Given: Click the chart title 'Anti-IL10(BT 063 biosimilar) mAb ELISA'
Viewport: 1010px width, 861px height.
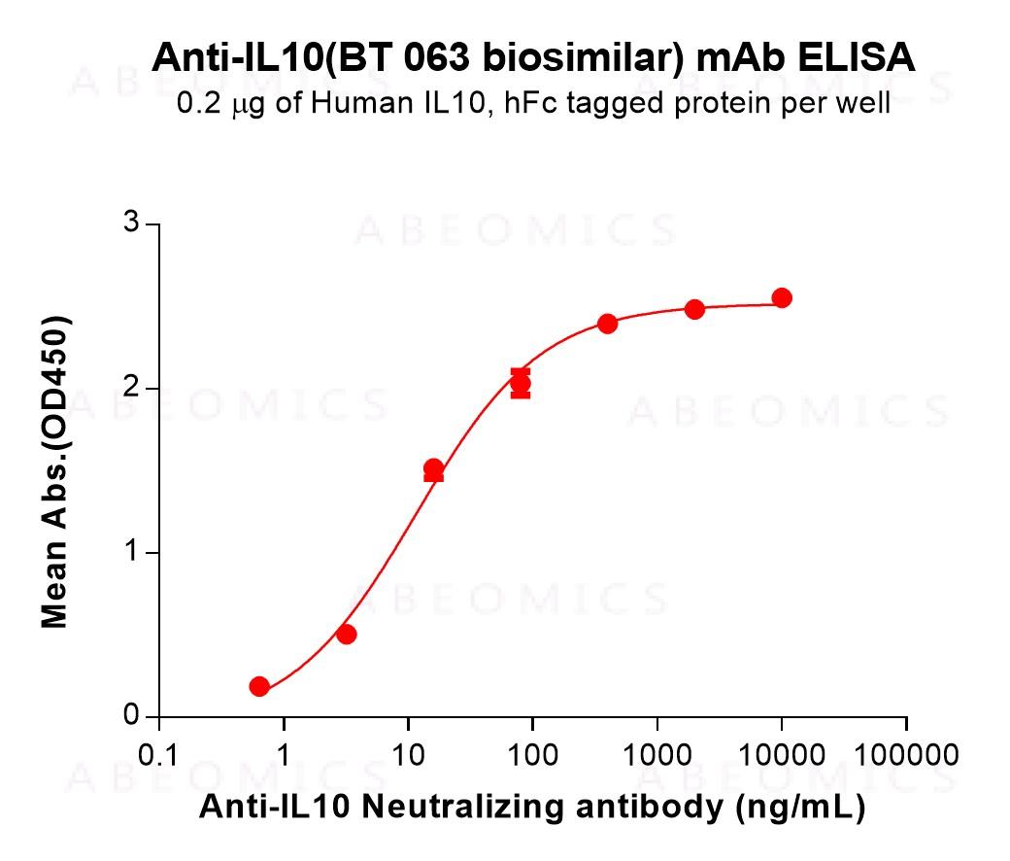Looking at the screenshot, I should click(533, 59).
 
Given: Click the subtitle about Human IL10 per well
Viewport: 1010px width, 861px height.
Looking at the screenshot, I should click(533, 103).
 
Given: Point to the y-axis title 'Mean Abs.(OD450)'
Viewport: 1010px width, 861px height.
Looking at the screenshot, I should click(55, 471).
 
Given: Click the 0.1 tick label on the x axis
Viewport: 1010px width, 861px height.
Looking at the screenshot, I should click(158, 755).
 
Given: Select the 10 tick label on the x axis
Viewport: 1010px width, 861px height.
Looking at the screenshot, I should click(408, 755).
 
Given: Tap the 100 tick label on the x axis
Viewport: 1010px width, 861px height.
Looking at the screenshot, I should click(532, 755).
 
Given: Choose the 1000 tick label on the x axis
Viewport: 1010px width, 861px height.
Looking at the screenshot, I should click(656, 755).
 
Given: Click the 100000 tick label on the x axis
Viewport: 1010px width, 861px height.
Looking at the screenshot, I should click(905, 755).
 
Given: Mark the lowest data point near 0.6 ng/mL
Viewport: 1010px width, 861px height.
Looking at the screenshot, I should click(259, 687).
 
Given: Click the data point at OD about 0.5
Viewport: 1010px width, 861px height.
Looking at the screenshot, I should click(346, 635).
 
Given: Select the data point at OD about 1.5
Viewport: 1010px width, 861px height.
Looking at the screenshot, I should click(433, 469).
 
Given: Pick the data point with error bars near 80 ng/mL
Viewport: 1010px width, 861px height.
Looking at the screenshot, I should click(521, 384).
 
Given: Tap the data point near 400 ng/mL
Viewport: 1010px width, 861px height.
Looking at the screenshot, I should click(607, 324).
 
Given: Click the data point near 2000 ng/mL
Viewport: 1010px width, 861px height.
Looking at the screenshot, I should click(694, 309).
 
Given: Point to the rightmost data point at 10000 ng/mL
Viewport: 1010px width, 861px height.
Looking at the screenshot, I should click(781, 298).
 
